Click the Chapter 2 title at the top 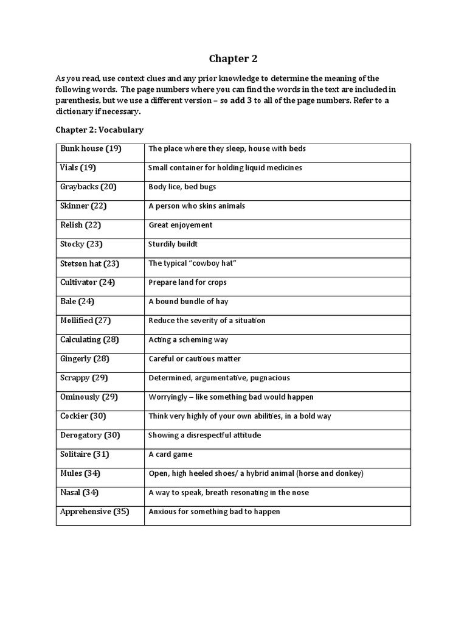click(x=233, y=58)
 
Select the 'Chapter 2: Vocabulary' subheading click(x=99, y=130)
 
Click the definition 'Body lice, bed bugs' click(x=182, y=187)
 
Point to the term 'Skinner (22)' click(x=83, y=206)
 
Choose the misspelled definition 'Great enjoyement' click(x=181, y=225)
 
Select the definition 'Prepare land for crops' click(x=187, y=282)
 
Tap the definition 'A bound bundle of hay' click(x=189, y=302)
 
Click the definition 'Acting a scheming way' click(x=189, y=340)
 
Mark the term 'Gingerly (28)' click(x=85, y=359)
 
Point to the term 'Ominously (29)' click(x=89, y=397)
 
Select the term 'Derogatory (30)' click(x=90, y=435)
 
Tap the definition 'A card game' click(x=170, y=454)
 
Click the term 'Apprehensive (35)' click(x=95, y=512)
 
